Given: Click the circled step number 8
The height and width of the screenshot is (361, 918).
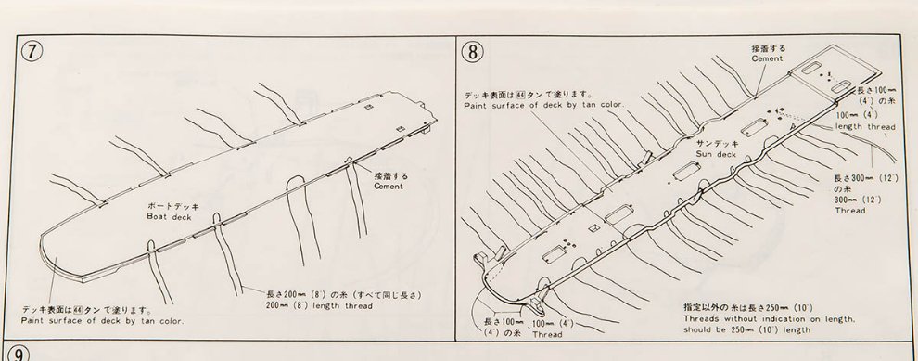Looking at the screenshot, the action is click(x=473, y=52).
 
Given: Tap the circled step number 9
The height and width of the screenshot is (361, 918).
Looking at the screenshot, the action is click(x=19, y=354).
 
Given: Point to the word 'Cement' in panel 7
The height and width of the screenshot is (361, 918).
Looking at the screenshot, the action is click(x=389, y=187).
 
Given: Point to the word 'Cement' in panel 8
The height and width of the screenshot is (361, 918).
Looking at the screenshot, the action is click(x=767, y=58).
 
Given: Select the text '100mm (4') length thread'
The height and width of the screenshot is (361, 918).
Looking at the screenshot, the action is click(x=865, y=121).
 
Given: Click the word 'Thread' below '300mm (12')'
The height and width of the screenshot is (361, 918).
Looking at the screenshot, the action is click(x=850, y=211).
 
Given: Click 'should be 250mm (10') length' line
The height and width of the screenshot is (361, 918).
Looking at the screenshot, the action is click(x=747, y=330).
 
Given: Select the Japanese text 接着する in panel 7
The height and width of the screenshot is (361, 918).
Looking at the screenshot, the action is click(x=391, y=175).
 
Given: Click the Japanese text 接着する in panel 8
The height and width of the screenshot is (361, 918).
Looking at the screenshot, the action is click(x=769, y=48).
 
